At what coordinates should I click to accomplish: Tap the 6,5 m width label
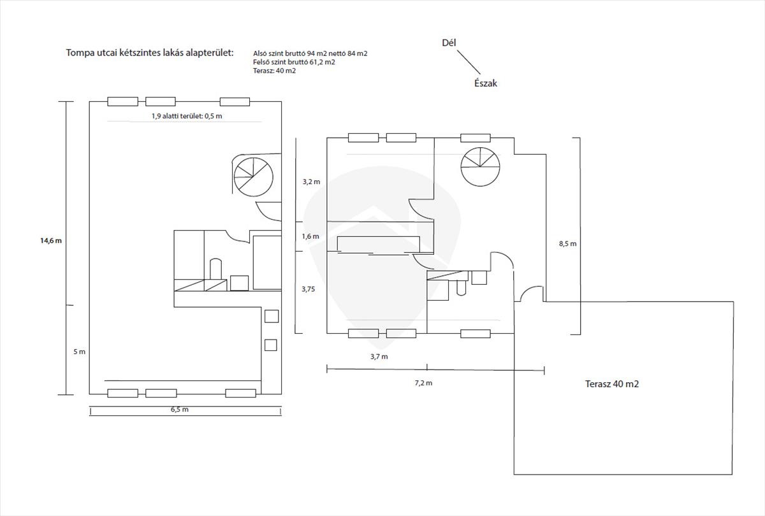click(179, 410)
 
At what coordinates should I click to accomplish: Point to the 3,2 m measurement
click(311, 182)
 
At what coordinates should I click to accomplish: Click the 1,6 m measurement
click(310, 236)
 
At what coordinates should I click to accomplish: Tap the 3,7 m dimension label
click(379, 357)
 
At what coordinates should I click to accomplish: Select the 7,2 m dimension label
click(423, 383)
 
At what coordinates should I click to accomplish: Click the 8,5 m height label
click(567, 243)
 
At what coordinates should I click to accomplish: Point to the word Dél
click(449, 43)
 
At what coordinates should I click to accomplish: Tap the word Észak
click(485, 83)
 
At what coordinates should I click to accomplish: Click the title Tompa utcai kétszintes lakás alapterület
click(150, 52)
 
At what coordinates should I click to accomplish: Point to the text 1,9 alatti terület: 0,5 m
click(187, 116)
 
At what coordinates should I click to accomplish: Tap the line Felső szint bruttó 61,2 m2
click(294, 62)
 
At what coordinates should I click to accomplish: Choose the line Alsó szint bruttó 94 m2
click(310, 54)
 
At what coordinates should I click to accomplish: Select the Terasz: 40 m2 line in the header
click(274, 71)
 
